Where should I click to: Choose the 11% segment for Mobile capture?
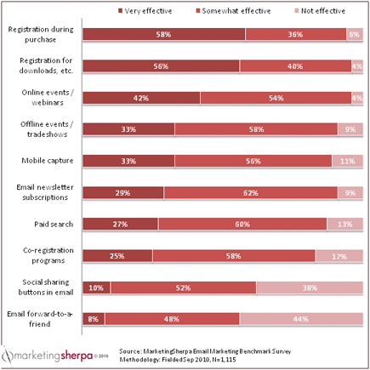tap(347, 161)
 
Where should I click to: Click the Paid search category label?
tap(55, 224)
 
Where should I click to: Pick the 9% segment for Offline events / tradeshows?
tap(350, 129)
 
